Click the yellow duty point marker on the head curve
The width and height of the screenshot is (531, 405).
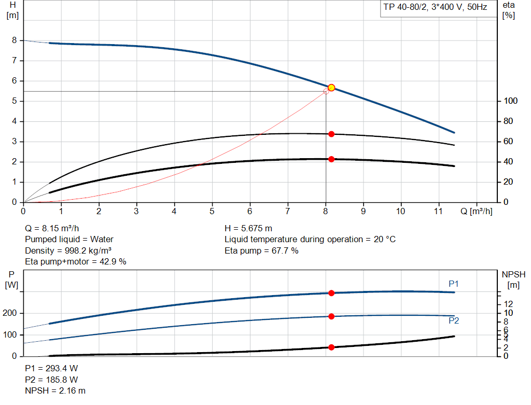pos(331,88)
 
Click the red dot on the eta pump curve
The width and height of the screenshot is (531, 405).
pos(331,134)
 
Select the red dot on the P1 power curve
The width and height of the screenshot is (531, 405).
pos(331,293)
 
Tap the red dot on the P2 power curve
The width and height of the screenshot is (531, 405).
pos(331,316)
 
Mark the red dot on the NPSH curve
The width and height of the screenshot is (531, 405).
pos(331,347)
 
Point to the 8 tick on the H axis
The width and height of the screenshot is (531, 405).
pos(15,40)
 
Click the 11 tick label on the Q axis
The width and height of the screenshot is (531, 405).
pos(439,211)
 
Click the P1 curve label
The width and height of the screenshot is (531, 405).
pos(454,284)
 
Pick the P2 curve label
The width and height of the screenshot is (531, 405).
pos(454,320)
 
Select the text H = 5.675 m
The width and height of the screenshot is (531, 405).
pos(248,228)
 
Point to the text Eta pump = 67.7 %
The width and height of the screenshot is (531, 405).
pos(261,250)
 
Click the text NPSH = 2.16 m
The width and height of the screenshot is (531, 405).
pos(55,390)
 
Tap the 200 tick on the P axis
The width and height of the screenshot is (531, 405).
pos(10,313)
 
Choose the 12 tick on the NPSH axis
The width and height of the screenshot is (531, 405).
pos(509,303)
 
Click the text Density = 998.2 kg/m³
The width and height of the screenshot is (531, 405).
pos(69,250)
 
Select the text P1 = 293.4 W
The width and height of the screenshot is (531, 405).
pos(52,368)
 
